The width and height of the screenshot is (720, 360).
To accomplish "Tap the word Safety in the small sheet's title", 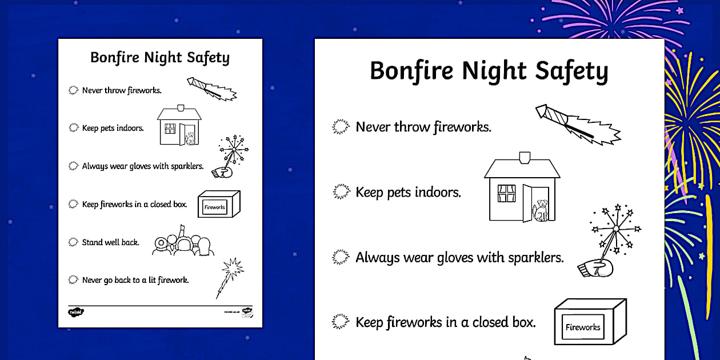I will (208, 58).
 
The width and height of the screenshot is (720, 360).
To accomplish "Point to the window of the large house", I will (506, 193).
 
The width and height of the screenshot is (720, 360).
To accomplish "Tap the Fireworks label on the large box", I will (583, 327).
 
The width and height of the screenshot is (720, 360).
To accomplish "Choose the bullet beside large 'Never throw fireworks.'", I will (341, 127).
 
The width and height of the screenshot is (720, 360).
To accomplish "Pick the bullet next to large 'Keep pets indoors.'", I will (341, 192).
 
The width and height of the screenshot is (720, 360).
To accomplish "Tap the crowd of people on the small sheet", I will (183, 245).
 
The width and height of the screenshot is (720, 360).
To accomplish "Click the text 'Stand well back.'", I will (110, 242).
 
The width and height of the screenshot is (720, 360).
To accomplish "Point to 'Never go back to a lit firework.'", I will (135, 280).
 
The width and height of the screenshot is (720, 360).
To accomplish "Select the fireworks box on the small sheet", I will (218, 205).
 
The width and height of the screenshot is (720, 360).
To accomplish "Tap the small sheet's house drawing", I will (179, 126).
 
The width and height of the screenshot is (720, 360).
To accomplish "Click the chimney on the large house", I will (523, 156).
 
